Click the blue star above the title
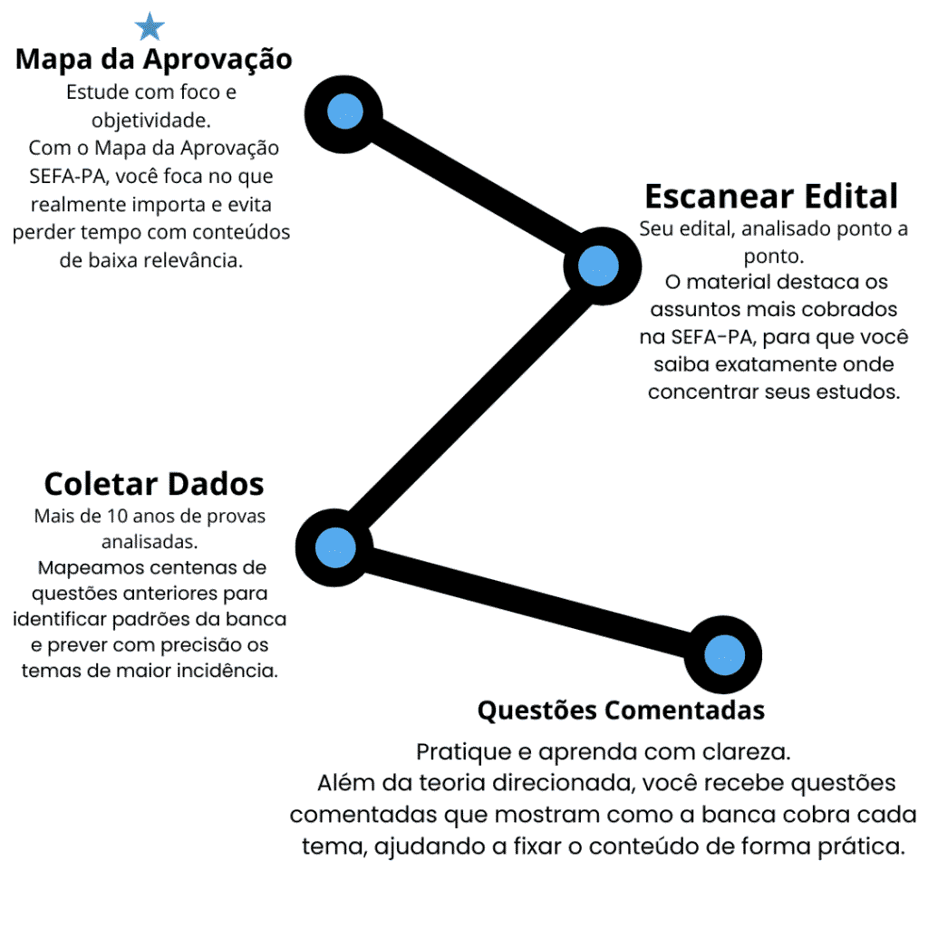point(150,26)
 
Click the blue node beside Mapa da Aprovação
point(344,111)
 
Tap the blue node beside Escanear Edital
point(598,266)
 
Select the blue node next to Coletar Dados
point(335,548)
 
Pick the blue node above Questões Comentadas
point(724,655)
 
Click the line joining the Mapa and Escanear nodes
point(471,188)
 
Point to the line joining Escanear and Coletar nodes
point(467,407)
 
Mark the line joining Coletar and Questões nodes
point(529,602)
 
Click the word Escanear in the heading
point(719,197)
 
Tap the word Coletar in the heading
point(99,484)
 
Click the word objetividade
point(151,121)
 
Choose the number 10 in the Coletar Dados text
point(117,516)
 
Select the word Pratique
point(465,752)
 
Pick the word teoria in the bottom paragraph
point(453,783)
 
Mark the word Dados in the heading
point(213,484)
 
